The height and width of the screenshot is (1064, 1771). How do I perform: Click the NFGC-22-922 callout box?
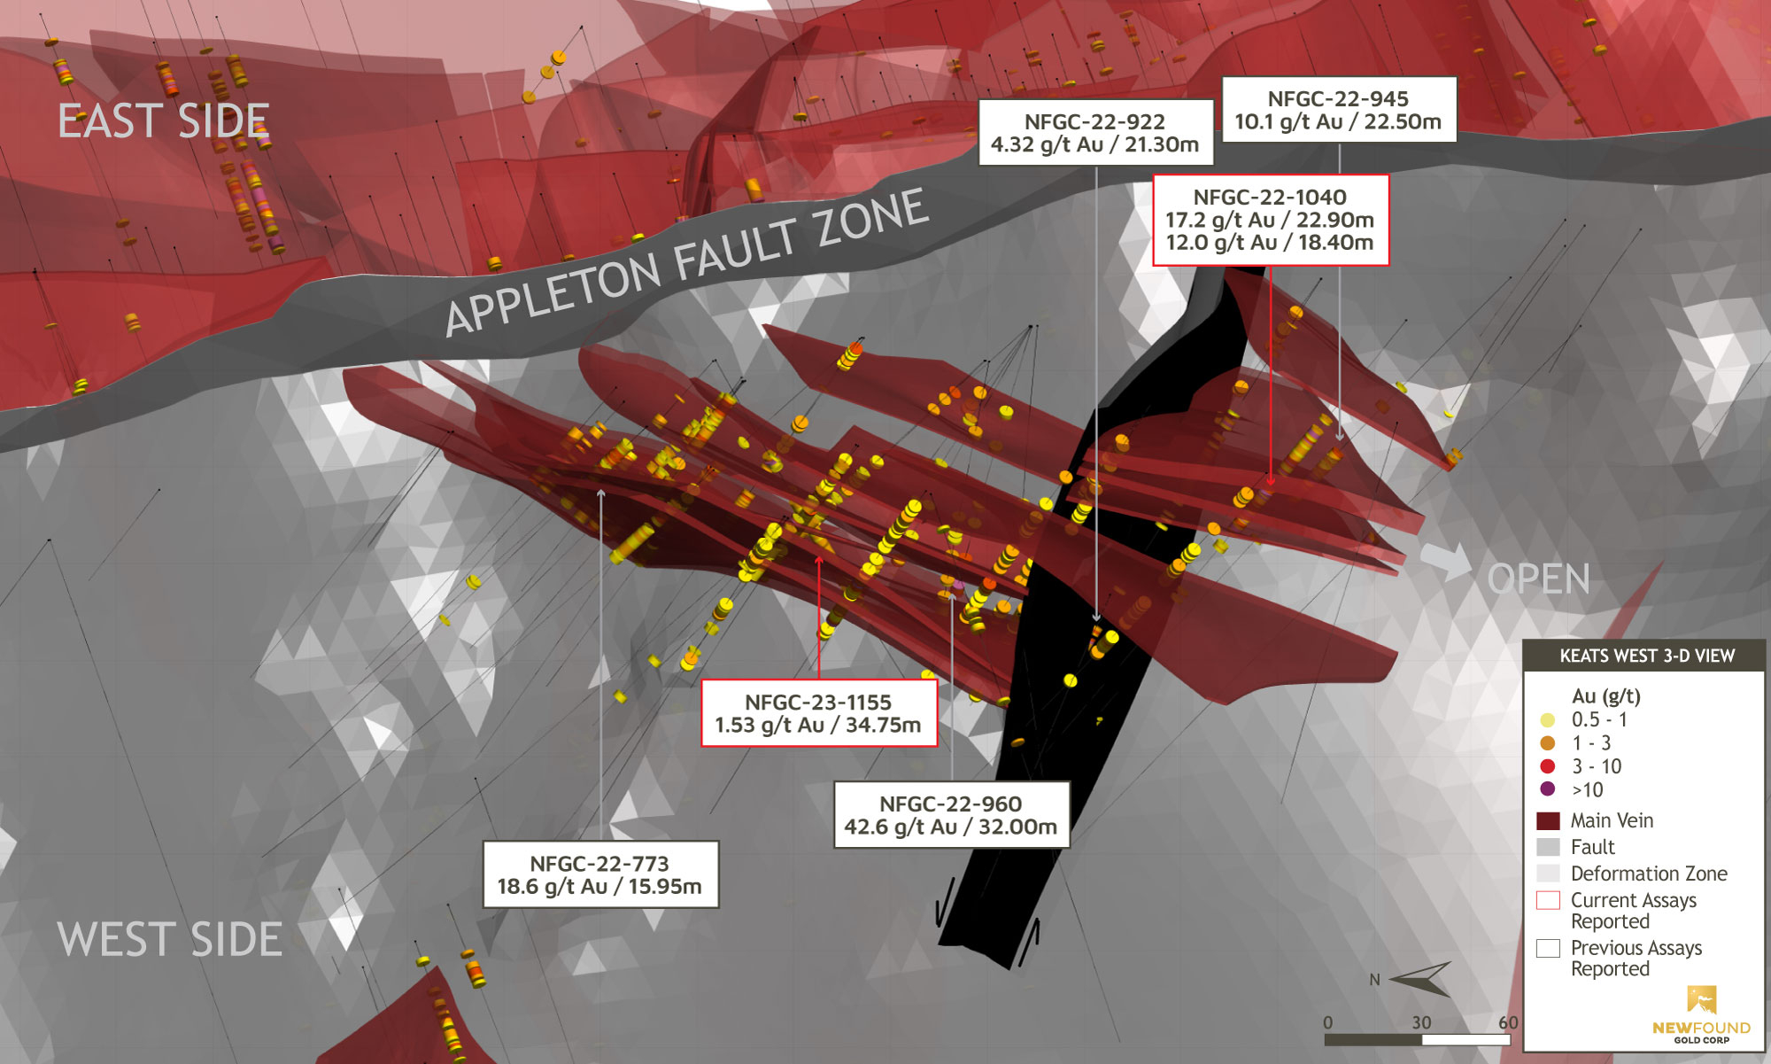pos(1095,133)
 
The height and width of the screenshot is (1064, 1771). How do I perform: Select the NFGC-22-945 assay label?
pos(1338,110)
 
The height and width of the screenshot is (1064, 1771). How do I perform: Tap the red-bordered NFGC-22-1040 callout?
pos(1270,220)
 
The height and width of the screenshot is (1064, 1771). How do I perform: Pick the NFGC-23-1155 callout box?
pos(818,713)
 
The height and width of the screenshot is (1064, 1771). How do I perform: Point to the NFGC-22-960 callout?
pos(951,815)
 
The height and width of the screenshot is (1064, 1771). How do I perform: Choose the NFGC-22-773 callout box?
pos(599,874)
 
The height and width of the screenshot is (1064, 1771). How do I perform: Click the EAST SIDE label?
pos(164,121)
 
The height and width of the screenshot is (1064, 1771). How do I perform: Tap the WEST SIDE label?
pos(170,939)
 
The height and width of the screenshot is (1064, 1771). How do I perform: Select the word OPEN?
pos(1539,580)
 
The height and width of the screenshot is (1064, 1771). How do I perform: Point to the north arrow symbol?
pos(1421,978)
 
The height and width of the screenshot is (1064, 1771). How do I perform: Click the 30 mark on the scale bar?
pos(1421,1022)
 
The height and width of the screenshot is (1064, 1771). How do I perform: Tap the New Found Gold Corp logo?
pos(1701,1014)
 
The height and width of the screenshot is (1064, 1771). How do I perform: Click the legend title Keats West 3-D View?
pos(1646,656)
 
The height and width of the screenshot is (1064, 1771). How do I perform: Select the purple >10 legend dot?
pos(1548,789)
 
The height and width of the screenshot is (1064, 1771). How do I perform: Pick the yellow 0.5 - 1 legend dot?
pos(1548,720)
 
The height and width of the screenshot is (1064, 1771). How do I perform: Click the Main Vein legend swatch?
pos(1548,820)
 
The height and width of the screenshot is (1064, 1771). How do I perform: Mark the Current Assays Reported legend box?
pos(1548,901)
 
